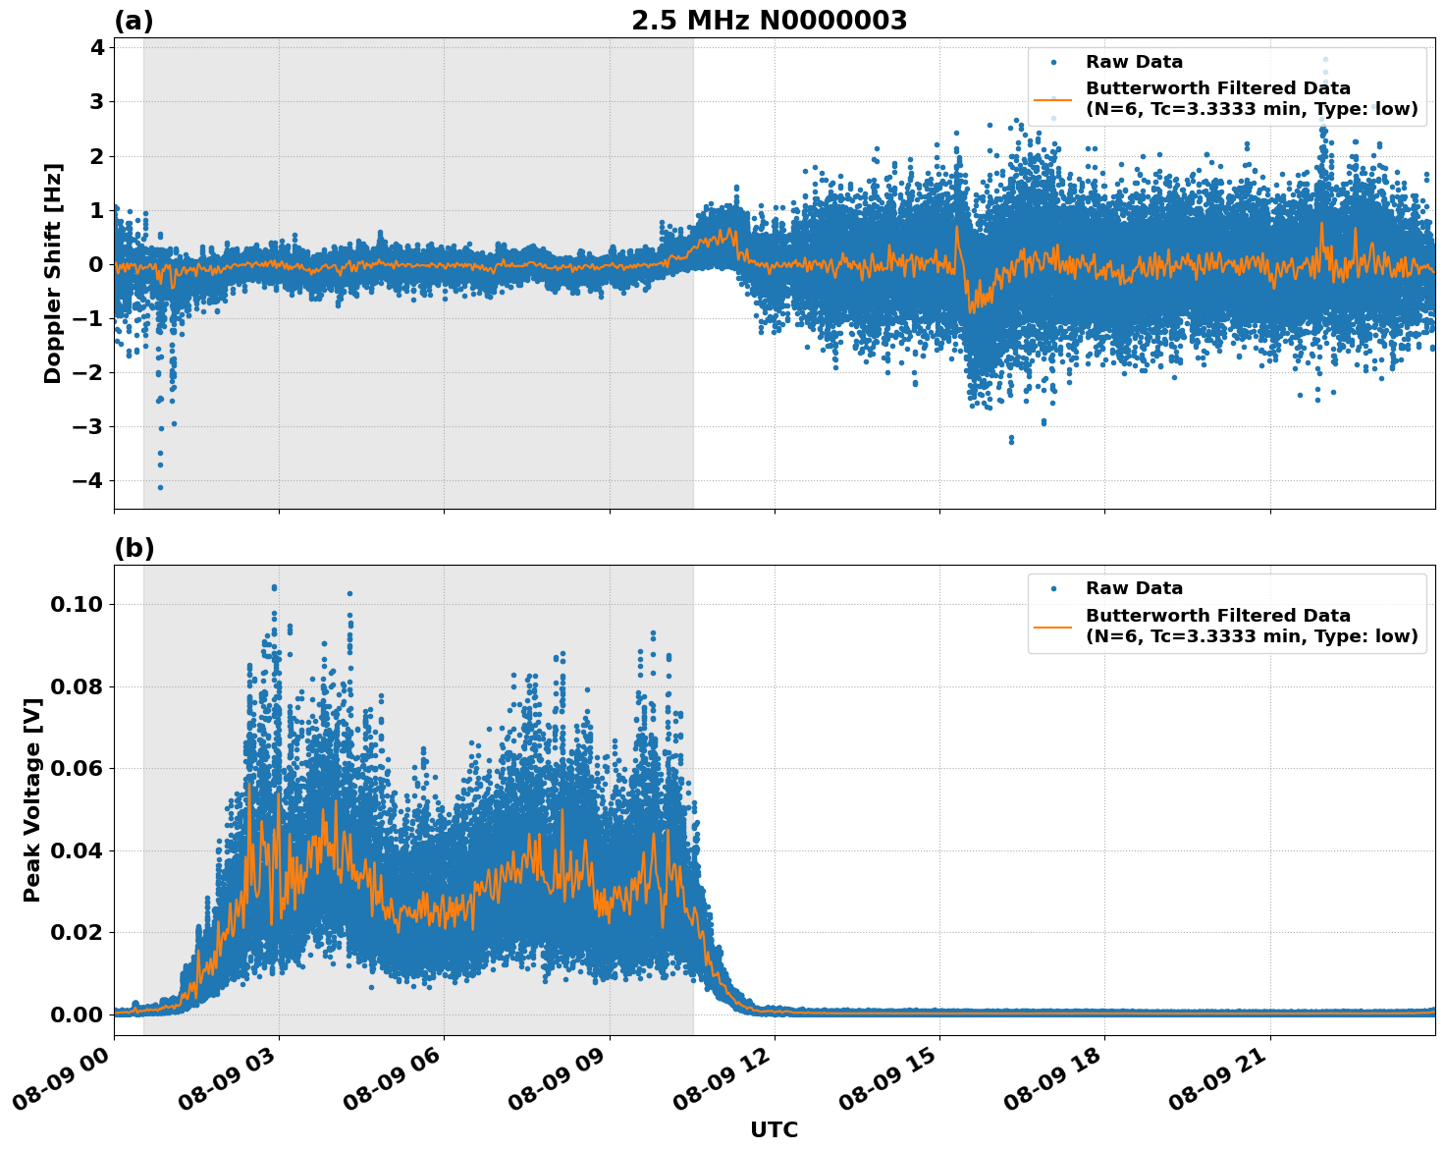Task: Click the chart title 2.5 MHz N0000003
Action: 769,21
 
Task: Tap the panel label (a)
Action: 134,21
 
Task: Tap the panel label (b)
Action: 134,548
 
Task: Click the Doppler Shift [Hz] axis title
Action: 53,273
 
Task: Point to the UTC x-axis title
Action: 774,1129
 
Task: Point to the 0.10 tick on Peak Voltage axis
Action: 77,604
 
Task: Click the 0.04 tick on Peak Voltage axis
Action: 77,850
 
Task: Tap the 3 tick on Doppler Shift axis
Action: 96,102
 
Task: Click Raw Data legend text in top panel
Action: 1134,62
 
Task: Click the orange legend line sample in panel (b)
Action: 1053,626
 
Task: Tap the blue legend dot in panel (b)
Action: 1053,589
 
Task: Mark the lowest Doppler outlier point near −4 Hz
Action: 160,487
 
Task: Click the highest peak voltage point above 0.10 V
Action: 274,588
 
